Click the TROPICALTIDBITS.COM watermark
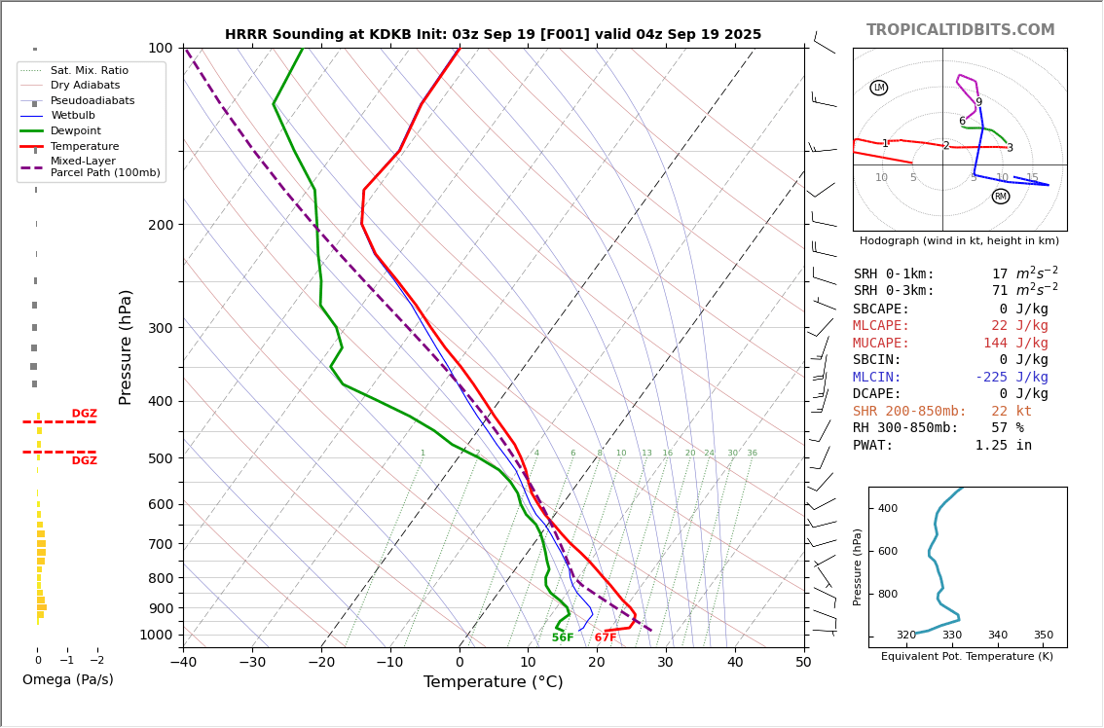click(x=960, y=30)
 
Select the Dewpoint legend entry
click(x=76, y=131)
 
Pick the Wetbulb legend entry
click(x=73, y=116)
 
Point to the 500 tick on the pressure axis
click(x=160, y=458)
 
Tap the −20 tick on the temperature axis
click(x=321, y=663)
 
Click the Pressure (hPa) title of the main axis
click(x=126, y=346)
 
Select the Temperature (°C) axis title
click(x=493, y=682)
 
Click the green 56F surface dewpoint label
click(x=563, y=638)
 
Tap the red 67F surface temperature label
click(x=606, y=638)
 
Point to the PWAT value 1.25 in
click(x=1004, y=446)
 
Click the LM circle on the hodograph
click(x=879, y=88)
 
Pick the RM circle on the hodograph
click(x=1001, y=197)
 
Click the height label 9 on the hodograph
click(x=979, y=102)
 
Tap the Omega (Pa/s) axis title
click(x=68, y=680)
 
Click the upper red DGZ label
click(x=85, y=414)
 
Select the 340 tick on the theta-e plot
click(x=998, y=636)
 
